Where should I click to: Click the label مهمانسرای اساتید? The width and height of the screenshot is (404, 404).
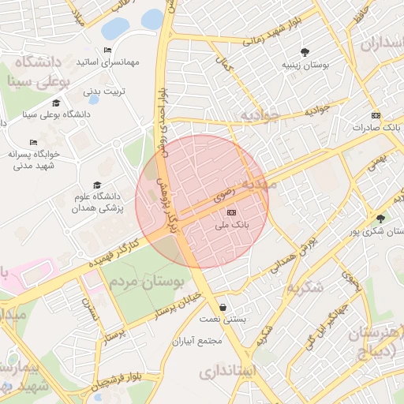tap(107, 62)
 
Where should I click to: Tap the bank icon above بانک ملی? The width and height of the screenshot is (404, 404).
tap(231, 212)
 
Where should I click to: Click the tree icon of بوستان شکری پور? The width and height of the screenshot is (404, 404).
tap(382, 219)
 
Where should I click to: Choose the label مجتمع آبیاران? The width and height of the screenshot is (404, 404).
tap(198, 342)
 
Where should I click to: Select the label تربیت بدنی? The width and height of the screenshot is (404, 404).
tap(105, 92)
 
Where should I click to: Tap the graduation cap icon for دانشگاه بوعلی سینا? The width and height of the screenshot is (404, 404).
tap(56, 103)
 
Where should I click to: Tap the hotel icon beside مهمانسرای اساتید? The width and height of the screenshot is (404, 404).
tap(107, 50)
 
